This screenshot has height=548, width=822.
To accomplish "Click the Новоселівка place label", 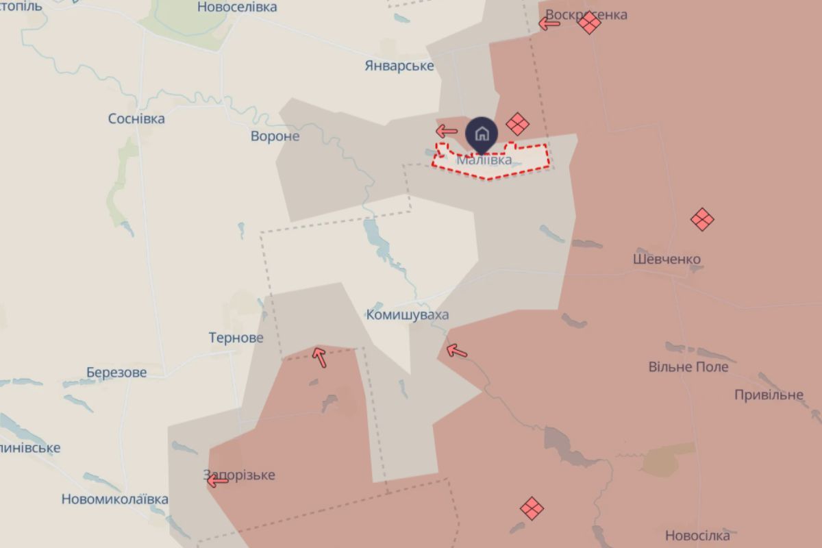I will tap(237, 8).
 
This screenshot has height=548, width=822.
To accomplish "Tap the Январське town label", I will tap(399, 66).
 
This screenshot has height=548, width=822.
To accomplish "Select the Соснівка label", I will tap(136, 119).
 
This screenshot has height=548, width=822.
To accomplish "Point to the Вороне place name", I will tap(275, 136).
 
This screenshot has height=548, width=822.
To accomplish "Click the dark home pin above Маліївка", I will tap(482, 133).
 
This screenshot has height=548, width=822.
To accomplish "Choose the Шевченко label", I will tap(667, 260).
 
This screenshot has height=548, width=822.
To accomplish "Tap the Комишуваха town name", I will tap(408, 315).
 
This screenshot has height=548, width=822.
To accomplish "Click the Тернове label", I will tap(236, 338).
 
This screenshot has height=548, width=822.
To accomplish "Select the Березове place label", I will tap(116, 373).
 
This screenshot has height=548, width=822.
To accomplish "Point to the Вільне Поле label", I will tap(688, 367).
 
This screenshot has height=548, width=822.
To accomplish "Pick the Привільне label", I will tap(769, 395).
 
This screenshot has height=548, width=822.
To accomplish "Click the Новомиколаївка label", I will tap(114, 499).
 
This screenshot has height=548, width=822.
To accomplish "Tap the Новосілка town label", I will tap(697, 536).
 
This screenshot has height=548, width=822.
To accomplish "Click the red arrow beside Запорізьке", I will tap(217, 481).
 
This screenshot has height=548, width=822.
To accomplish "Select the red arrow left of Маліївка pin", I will tap(447, 131).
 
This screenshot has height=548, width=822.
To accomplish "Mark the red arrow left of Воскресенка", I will tap(549, 24).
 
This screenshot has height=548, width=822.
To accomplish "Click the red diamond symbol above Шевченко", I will tap(702, 219).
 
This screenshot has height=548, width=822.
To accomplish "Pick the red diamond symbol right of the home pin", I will tap(517, 124).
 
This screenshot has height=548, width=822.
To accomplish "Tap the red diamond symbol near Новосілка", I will tap(532, 508).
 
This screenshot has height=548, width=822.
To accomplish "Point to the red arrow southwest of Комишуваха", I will tap(319, 356).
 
